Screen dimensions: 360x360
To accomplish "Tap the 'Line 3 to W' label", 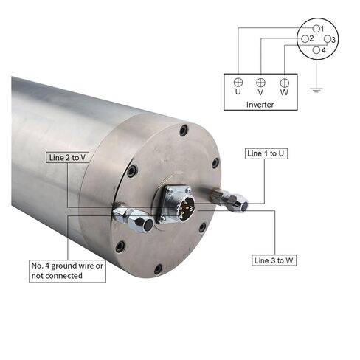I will (x=277, y=260).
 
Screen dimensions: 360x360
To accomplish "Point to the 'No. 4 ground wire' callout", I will (x=67, y=270).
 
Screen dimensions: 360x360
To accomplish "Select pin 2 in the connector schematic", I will (x=305, y=38).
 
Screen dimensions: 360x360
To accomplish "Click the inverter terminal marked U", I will (x=238, y=83).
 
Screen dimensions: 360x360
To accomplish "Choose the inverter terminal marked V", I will (x=260, y=83).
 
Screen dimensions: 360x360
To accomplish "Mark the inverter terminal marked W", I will (x=284, y=83).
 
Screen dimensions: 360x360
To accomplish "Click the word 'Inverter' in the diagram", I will (x=260, y=105).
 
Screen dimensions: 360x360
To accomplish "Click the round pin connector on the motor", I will (x=183, y=208).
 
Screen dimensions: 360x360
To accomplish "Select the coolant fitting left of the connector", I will (x=133, y=218).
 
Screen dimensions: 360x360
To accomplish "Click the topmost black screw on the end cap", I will (x=184, y=131).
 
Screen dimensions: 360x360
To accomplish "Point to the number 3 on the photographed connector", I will (x=190, y=209).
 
